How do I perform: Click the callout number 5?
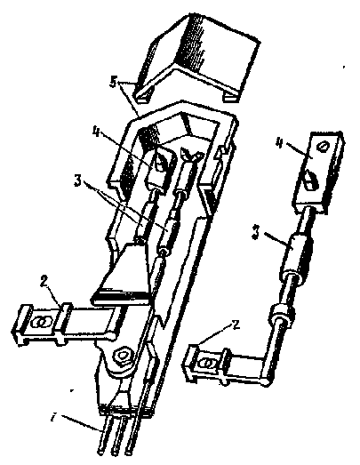pyautogui.click(x=113, y=83)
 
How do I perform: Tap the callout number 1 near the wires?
pyautogui.click(x=53, y=419)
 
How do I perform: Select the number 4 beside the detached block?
pyautogui.click(x=279, y=142)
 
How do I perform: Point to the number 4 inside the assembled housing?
pyautogui.click(x=95, y=131)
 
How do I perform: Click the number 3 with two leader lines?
pyautogui.click(x=77, y=181)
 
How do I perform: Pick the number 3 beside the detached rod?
pyautogui.click(x=255, y=232)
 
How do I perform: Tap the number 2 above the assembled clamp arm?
pyautogui.click(x=44, y=282)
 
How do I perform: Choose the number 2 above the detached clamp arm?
pyautogui.click(x=236, y=325)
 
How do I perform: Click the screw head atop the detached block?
pyautogui.click(x=323, y=147)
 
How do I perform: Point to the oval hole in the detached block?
pyautogui.click(x=310, y=180)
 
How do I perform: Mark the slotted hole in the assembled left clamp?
pyautogui.click(x=42, y=322)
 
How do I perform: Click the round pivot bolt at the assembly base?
pyautogui.click(x=123, y=356)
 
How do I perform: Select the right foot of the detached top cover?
pyautogui.click(x=231, y=97)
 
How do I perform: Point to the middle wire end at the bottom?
pyautogui.click(x=115, y=452)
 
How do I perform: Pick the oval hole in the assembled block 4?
pyautogui.click(x=161, y=163)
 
